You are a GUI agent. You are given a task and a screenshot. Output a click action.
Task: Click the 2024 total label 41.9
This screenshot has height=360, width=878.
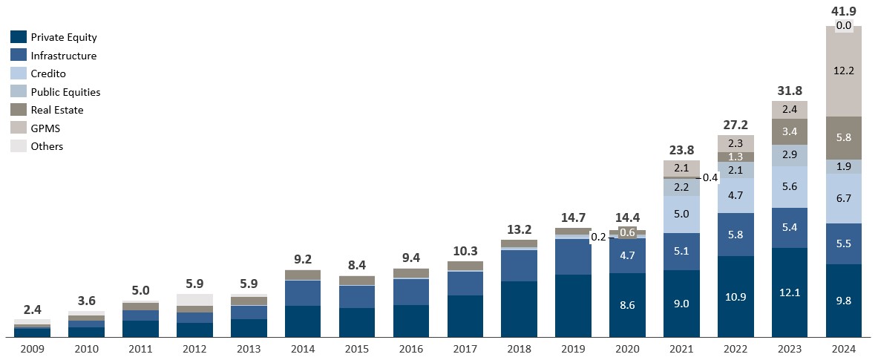(844, 10)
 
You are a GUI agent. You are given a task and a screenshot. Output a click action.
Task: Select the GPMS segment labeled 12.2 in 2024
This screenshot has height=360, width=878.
(844, 71)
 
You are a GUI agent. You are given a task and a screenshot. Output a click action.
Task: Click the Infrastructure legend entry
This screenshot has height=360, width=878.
(64, 56)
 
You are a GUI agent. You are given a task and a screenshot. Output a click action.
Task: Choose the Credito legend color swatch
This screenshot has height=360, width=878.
(19, 73)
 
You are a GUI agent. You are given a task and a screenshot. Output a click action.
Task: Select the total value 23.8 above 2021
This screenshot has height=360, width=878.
(681, 146)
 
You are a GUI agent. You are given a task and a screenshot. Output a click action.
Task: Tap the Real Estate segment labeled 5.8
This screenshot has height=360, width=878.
(844, 137)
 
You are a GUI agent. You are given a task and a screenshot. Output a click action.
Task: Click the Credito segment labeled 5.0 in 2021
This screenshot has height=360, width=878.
(681, 215)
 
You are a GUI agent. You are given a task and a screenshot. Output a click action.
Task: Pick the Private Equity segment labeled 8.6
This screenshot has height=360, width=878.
(627, 304)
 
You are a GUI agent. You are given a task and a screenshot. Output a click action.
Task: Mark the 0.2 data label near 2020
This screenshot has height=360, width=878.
(598, 238)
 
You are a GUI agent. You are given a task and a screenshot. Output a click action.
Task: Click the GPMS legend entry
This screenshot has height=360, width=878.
(46, 128)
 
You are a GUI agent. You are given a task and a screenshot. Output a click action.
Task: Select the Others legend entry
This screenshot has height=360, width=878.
(47, 146)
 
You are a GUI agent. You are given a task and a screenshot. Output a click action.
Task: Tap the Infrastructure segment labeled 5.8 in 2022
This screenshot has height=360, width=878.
(736, 235)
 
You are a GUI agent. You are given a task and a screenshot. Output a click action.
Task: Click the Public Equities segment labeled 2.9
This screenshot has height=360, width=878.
(790, 155)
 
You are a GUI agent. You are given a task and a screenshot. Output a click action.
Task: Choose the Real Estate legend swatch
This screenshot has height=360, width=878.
(19, 110)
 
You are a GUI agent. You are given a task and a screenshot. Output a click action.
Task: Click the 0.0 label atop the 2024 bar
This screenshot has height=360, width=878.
(844, 26)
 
